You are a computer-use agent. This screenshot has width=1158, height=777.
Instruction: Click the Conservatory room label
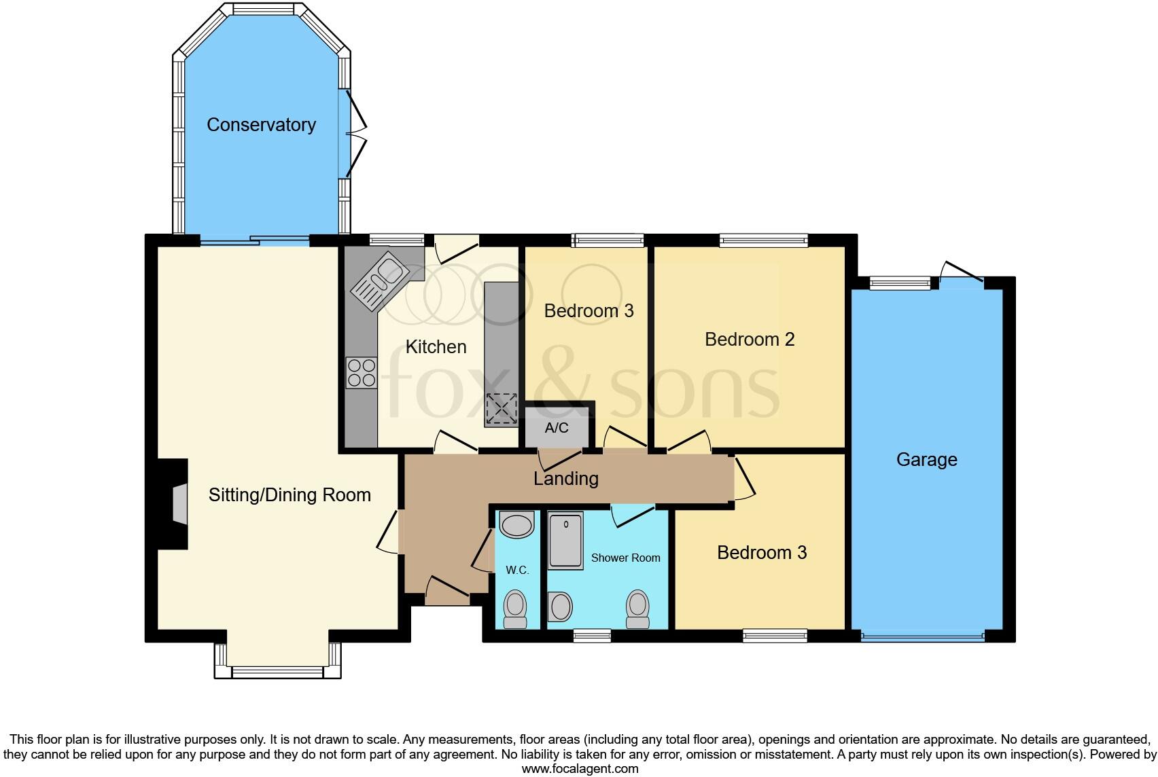point(261,125)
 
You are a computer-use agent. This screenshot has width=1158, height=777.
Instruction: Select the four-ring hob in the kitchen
point(361,373)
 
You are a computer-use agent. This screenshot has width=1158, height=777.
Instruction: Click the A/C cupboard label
point(557,429)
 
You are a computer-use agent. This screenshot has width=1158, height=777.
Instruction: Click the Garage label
point(926,460)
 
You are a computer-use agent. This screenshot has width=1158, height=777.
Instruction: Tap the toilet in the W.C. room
point(515,608)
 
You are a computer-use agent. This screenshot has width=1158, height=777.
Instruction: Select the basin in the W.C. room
point(516,525)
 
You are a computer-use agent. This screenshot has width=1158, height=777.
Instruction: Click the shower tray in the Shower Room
point(565,541)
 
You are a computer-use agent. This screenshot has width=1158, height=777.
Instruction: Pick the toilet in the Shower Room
point(637,609)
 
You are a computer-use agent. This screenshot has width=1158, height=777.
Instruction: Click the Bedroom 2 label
point(749,339)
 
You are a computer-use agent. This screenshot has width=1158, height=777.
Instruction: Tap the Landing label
point(565,479)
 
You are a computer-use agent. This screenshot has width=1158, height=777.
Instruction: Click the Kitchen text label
point(436,347)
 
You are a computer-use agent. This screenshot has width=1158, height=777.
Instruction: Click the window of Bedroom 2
point(764,239)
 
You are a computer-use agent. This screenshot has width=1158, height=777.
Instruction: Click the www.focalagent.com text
point(580,769)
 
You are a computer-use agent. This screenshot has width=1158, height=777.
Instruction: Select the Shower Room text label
point(625,558)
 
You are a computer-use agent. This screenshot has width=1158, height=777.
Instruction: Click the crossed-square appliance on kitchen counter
point(501,410)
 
